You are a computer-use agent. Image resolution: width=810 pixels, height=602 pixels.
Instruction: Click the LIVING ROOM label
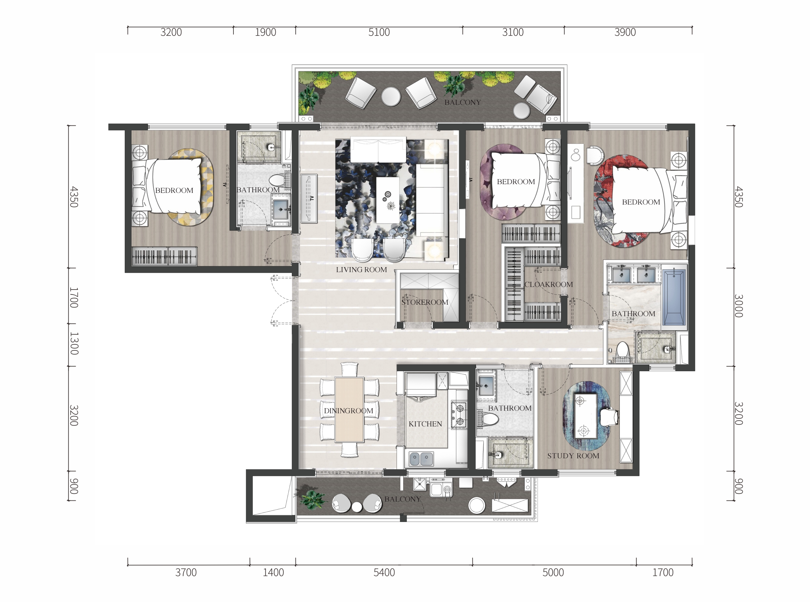(361, 270)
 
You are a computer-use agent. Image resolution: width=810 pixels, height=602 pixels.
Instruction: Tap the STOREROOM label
(425, 302)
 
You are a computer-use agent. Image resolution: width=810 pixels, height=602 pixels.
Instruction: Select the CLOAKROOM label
(549, 284)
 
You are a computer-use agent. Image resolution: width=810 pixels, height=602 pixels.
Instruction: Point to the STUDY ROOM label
(573, 455)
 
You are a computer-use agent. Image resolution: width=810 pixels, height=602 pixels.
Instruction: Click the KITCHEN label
(425, 424)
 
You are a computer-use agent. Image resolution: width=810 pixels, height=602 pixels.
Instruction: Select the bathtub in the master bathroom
(674, 297)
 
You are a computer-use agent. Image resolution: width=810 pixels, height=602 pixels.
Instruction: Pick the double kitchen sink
(422, 459)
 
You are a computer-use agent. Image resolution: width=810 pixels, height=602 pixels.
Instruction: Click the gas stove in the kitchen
(459, 415)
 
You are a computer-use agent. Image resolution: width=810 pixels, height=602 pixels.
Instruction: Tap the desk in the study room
(585, 416)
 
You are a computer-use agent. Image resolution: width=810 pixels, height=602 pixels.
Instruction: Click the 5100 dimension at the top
(379, 32)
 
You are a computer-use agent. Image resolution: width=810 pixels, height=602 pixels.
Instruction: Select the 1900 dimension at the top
(265, 32)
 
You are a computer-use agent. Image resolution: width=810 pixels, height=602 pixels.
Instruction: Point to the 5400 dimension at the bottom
(384, 572)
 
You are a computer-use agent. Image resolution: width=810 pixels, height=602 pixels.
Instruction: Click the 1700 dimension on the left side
(73, 298)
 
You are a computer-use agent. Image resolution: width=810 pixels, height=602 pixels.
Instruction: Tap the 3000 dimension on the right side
(739, 306)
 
